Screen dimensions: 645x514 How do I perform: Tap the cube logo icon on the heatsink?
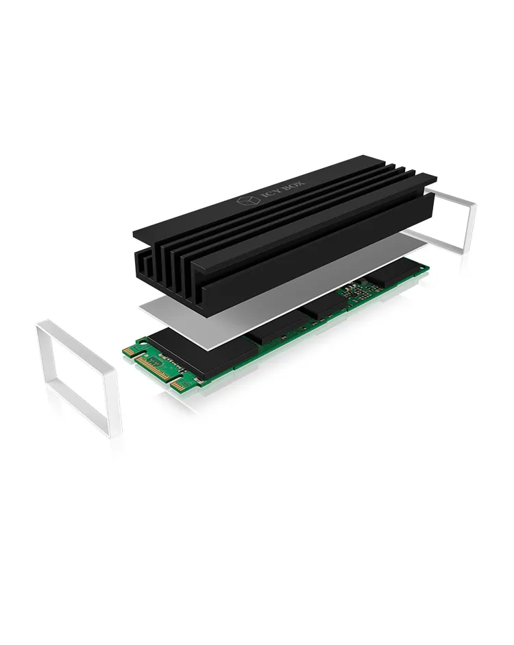[x=246, y=202]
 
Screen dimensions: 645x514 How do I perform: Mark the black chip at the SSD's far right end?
[x=395, y=275]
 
